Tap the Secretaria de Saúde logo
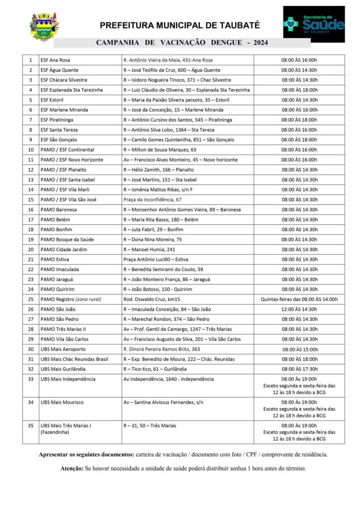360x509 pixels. [314, 22]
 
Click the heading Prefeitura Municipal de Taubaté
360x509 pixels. [180, 26]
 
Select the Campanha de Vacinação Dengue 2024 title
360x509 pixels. [181, 43]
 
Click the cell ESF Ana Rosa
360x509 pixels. [55, 60]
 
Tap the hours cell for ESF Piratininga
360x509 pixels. [299, 120]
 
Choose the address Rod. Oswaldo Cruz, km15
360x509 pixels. [152, 299]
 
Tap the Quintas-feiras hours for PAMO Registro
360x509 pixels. [299, 299]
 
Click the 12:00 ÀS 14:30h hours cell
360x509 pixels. [299, 309]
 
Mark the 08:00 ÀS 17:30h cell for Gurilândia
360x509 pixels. [299, 369]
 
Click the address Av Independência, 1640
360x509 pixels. [169, 379]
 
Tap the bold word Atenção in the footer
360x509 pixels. [72, 468]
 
